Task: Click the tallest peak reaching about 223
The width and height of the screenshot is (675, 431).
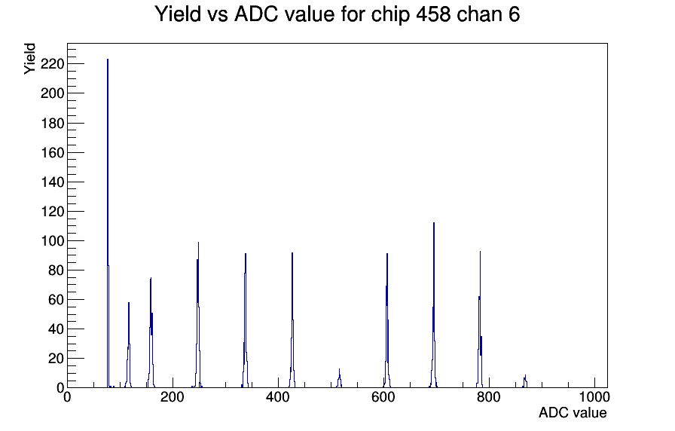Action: coord(108,223)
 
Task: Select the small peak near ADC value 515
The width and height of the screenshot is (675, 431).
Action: coord(339,379)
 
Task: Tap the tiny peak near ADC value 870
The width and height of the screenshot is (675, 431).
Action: coord(525,381)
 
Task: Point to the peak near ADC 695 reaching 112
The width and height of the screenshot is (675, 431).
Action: coord(433,305)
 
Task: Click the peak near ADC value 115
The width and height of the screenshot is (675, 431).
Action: coord(129,344)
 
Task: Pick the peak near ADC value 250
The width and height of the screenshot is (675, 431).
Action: coord(198,315)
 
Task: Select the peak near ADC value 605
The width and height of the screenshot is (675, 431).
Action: coord(387,320)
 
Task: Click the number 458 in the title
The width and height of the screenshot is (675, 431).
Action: coord(433,14)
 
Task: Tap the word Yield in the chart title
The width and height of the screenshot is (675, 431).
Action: coord(178,14)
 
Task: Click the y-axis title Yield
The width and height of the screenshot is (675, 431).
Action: coord(29,59)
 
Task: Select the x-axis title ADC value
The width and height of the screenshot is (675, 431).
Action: coord(573,412)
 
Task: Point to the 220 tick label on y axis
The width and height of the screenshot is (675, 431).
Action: coord(52,64)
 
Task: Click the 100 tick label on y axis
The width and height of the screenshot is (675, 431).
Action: coord(52,240)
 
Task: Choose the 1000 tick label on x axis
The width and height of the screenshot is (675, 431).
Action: coord(594,396)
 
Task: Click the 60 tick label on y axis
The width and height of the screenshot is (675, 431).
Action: coord(56,300)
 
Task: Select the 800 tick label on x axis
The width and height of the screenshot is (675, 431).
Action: coord(489,396)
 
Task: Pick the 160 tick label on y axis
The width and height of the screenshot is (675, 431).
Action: coord(52,152)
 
